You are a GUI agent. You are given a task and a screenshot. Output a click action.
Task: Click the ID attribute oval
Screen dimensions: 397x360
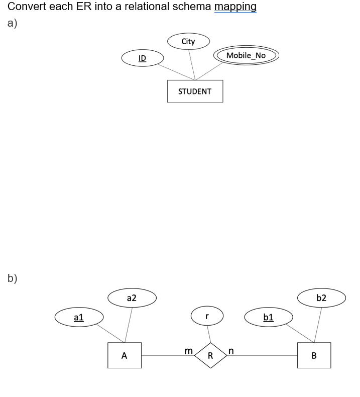click(x=142, y=59)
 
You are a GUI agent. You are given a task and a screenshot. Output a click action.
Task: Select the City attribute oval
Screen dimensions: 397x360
click(x=188, y=42)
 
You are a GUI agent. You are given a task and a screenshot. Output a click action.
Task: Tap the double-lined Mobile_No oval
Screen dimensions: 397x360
click(x=246, y=55)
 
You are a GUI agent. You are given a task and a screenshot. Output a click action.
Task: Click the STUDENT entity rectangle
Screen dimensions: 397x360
click(x=195, y=91)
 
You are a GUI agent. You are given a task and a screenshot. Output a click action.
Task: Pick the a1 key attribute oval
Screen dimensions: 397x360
click(x=79, y=318)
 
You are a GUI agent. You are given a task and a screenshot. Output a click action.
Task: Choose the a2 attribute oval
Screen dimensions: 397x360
click(x=132, y=298)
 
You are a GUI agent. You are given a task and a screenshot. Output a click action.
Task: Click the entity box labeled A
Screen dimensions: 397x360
click(x=125, y=355)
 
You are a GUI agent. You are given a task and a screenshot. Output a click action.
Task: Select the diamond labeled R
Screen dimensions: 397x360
click(x=210, y=355)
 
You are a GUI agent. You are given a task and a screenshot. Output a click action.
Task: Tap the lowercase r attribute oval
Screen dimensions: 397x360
click(x=206, y=317)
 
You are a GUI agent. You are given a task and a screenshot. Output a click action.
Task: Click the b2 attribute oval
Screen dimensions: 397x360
click(x=321, y=298)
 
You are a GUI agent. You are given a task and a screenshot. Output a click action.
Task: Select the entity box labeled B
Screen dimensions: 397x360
click(x=314, y=355)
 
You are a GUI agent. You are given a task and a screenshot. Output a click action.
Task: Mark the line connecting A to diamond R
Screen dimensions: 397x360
click(x=166, y=356)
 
